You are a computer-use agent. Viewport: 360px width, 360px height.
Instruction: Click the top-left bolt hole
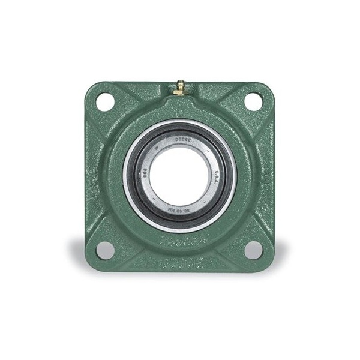point(105,102)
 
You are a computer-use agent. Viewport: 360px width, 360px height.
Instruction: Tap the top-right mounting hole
point(253,102)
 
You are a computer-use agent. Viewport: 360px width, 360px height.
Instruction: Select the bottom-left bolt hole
point(105,250)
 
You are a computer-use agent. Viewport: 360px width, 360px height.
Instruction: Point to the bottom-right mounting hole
point(253,250)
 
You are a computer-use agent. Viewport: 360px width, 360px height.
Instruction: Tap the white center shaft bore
point(179,175)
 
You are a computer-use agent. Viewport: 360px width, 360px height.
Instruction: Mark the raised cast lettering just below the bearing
point(179,243)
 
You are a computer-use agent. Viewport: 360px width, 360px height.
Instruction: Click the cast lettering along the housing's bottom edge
point(179,262)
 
